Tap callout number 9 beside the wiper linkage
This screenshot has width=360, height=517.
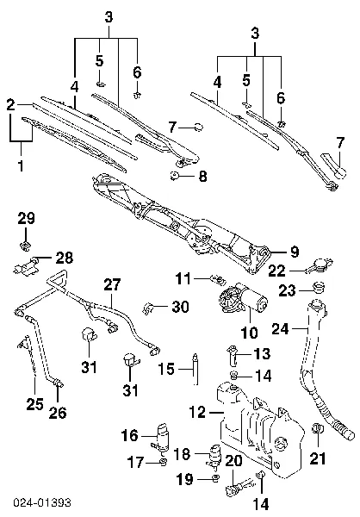click(294, 252)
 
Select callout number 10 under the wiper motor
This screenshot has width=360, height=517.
click(249, 333)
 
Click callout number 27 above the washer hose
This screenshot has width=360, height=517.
click(113, 285)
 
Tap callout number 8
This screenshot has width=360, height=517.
click(202, 178)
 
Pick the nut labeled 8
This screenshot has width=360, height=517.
click(175, 177)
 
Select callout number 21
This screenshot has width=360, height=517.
click(320, 458)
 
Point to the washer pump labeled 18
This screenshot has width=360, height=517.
click(213, 456)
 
